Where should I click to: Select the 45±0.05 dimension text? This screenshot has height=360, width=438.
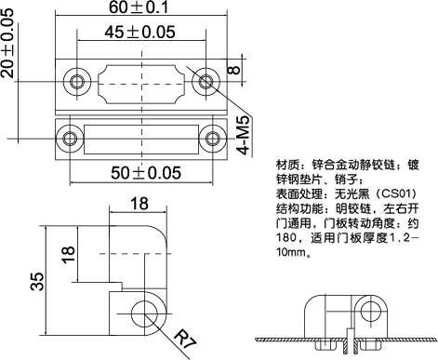[x=139, y=33]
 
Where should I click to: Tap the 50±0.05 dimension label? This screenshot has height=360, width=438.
[x=139, y=173]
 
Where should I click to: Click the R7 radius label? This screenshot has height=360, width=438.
[x=185, y=339]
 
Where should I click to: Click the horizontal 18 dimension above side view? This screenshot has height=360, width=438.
[x=139, y=205]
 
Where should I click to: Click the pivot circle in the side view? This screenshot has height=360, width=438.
[x=144, y=312]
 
